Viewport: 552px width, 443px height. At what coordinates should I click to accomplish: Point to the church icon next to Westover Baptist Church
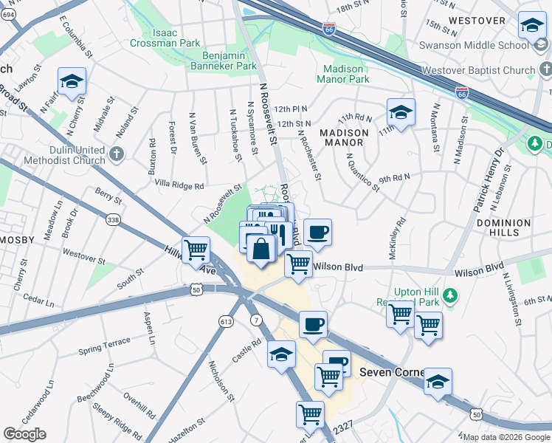(x=545, y=71)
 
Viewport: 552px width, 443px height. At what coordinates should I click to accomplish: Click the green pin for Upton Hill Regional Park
(x=449, y=297)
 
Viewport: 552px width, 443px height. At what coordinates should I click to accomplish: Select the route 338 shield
(x=113, y=219)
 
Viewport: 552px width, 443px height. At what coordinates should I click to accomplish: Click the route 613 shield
(x=226, y=320)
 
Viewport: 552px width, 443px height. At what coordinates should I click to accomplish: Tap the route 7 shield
(x=255, y=320)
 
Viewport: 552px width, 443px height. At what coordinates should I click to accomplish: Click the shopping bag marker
(x=261, y=248)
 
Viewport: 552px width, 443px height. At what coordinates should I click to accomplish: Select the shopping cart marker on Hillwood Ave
(x=196, y=250)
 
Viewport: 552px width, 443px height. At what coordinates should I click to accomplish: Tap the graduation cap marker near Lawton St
(x=72, y=81)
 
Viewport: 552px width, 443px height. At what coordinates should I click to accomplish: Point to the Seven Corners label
(x=391, y=372)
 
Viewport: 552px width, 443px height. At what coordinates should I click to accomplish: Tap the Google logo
(x=25, y=434)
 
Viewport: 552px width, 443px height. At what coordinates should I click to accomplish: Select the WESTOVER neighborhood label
(x=477, y=20)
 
